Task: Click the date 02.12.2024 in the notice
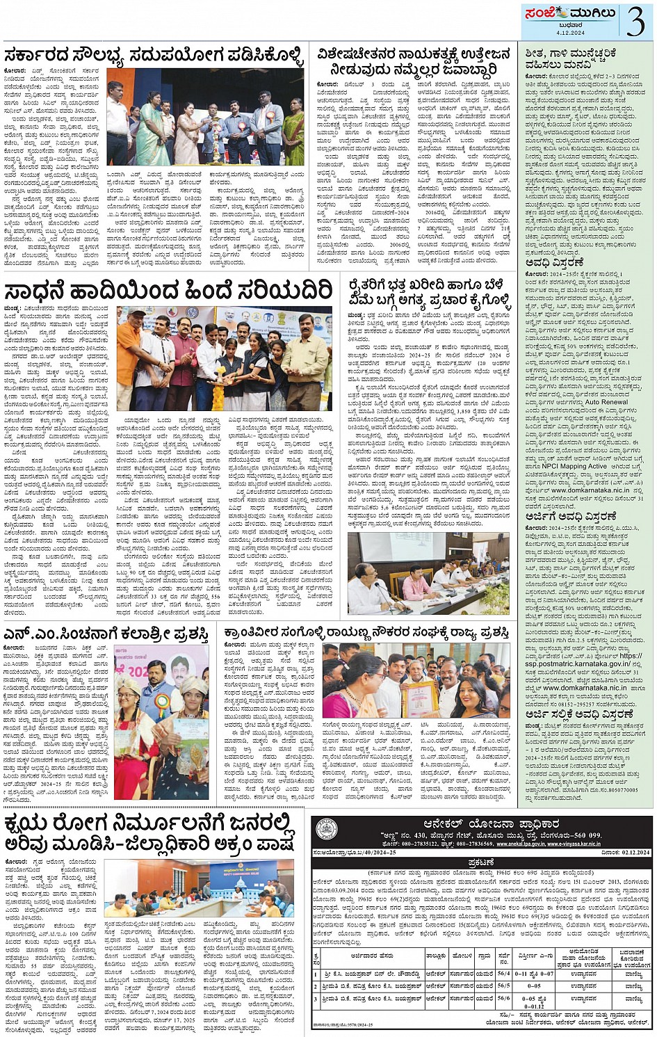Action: [622, 851]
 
